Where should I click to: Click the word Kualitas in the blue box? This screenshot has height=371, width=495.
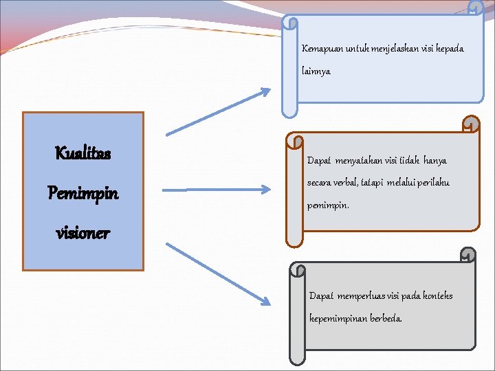(82, 153)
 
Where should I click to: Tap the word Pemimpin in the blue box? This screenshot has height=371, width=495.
(82, 193)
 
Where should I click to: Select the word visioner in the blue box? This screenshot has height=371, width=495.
(82, 233)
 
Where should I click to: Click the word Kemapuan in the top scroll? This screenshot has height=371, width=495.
(318, 49)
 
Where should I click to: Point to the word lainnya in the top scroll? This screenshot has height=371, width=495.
(316, 71)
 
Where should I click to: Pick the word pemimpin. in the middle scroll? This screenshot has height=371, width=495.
(328, 205)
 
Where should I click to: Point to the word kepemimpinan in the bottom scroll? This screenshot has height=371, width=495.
(338, 319)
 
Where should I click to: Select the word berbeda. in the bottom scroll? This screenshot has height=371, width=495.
(386, 319)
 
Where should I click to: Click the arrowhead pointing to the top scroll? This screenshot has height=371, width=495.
(264, 92)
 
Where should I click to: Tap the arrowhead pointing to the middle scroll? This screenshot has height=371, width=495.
(265, 189)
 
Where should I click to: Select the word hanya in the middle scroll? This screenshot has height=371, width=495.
(434, 161)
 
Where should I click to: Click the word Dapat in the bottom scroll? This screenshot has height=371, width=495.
(321, 296)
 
